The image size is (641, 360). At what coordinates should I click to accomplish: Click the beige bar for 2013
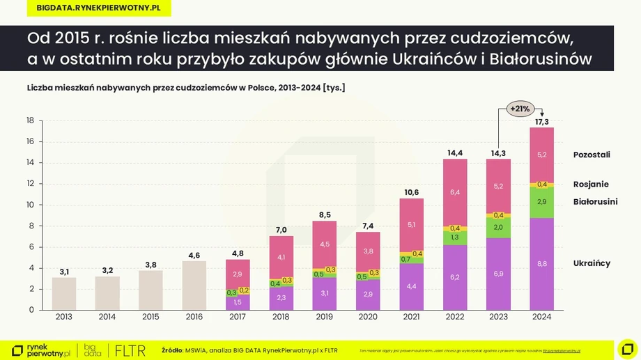(64, 293)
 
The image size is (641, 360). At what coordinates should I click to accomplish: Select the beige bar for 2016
(194, 285)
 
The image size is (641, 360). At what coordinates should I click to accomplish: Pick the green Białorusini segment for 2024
(542, 202)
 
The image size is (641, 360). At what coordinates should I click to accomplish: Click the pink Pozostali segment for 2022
(455, 192)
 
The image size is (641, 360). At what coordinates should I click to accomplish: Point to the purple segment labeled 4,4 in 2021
(411, 286)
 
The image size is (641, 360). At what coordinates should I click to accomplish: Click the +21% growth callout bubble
(520, 109)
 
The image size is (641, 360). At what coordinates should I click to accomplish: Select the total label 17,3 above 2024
(542, 122)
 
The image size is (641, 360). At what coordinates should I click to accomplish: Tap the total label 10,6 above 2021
(411, 192)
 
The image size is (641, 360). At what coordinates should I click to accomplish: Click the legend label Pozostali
(592, 155)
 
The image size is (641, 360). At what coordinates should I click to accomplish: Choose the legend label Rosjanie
(591, 185)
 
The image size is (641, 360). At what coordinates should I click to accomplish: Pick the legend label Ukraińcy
(592, 263)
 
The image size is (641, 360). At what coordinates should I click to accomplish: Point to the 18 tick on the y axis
(30, 120)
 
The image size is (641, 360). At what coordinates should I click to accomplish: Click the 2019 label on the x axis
(325, 317)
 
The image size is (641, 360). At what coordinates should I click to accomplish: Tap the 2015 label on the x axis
(151, 317)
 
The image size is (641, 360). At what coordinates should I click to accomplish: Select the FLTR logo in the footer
(130, 350)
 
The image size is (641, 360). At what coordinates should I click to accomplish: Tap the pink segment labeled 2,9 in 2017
(238, 274)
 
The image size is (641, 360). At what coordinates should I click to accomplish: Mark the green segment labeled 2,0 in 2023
(499, 228)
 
